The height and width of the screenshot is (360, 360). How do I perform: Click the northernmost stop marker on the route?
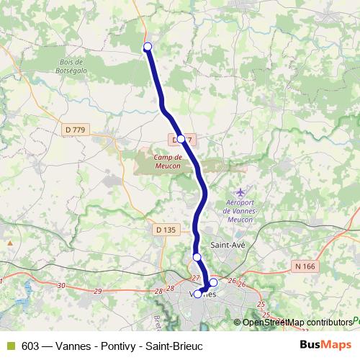148,47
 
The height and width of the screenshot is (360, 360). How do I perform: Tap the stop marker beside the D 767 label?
181,139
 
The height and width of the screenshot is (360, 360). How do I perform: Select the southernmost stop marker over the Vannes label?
198,294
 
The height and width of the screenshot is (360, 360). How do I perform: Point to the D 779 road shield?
74,130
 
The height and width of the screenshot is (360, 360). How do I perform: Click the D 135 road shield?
166,230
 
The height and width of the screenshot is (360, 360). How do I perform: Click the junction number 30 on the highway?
61,286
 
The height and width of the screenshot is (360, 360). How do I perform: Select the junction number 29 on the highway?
97,290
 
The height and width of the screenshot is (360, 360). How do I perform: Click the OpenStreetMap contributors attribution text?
298,322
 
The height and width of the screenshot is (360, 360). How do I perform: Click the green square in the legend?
10,345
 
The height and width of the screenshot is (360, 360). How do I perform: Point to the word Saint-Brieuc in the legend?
177,345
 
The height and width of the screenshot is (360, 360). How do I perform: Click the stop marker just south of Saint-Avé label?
197,257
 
